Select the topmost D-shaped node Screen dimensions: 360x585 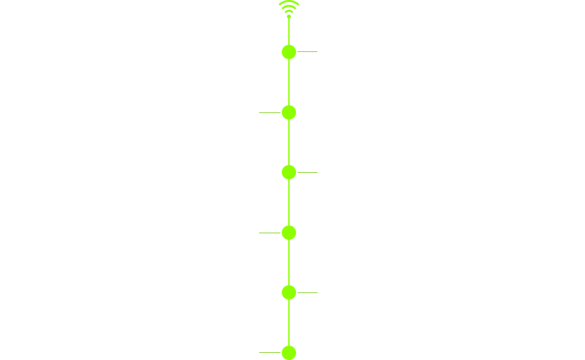click(x=289, y=52)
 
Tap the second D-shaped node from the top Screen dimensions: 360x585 click(x=289, y=112)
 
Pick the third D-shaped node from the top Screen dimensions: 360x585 click(x=289, y=172)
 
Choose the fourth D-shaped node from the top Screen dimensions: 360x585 click(x=289, y=233)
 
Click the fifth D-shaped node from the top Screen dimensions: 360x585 click(x=289, y=292)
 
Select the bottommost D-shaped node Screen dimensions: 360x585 click(x=289, y=353)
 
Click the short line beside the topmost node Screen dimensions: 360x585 click(x=307, y=51)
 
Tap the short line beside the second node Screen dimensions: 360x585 click(x=269, y=112)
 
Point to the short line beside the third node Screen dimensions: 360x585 click(x=307, y=172)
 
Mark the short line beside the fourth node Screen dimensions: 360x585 click(x=269, y=232)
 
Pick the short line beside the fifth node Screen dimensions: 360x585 click(x=307, y=292)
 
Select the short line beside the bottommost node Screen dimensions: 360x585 click(x=269, y=352)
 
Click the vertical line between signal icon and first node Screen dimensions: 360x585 click(x=289, y=32)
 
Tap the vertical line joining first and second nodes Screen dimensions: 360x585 click(x=289, y=83)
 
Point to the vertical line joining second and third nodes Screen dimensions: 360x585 click(x=289, y=142)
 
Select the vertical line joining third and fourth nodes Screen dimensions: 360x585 click(x=289, y=203)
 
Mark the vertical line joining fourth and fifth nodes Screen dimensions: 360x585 click(x=289, y=263)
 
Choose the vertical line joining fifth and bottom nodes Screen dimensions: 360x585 click(x=289, y=323)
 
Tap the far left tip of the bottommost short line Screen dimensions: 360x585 click(x=260, y=352)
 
